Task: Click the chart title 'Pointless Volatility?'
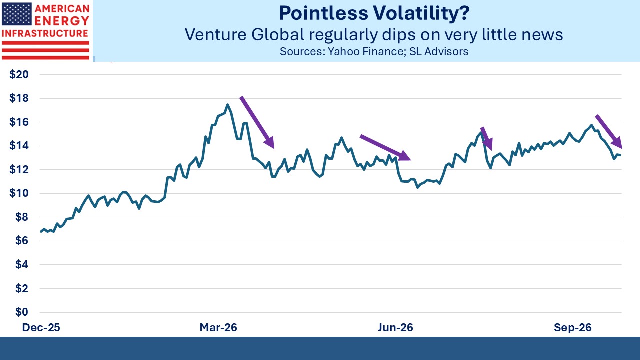[374, 13]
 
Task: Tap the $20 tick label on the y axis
[19, 75]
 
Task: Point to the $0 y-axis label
[22, 312]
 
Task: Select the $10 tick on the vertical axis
[19, 193]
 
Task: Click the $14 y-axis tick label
[19, 146]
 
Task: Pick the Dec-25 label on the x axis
[41, 327]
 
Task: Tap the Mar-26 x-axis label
[218, 327]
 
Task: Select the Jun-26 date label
[395, 327]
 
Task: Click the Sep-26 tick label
[573, 327]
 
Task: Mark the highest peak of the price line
[227, 105]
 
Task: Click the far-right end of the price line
[621, 155]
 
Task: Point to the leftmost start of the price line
[41, 232]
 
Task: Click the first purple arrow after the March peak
[257, 122]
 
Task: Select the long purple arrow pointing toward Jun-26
[385, 147]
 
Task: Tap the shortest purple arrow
[487, 139]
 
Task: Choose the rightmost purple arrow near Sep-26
[609, 132]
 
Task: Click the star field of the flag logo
[17, 14]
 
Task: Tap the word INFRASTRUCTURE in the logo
[45, 33]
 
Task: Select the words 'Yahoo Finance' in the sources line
[366, 51]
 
